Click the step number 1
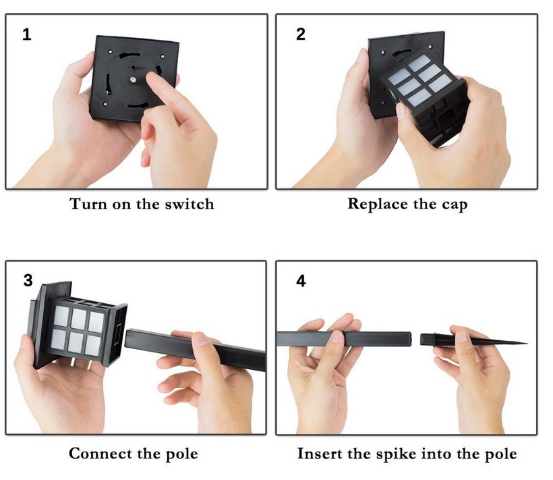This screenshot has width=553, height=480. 26,34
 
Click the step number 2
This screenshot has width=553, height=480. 301,34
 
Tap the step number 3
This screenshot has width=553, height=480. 28,281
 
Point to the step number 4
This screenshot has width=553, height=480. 301,282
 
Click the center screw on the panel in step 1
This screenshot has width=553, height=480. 133,80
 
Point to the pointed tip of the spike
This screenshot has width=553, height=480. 527,343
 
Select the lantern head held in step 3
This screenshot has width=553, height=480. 78,325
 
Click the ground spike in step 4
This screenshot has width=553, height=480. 473,340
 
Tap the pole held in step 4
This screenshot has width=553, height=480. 344,338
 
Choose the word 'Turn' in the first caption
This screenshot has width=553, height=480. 88,204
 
